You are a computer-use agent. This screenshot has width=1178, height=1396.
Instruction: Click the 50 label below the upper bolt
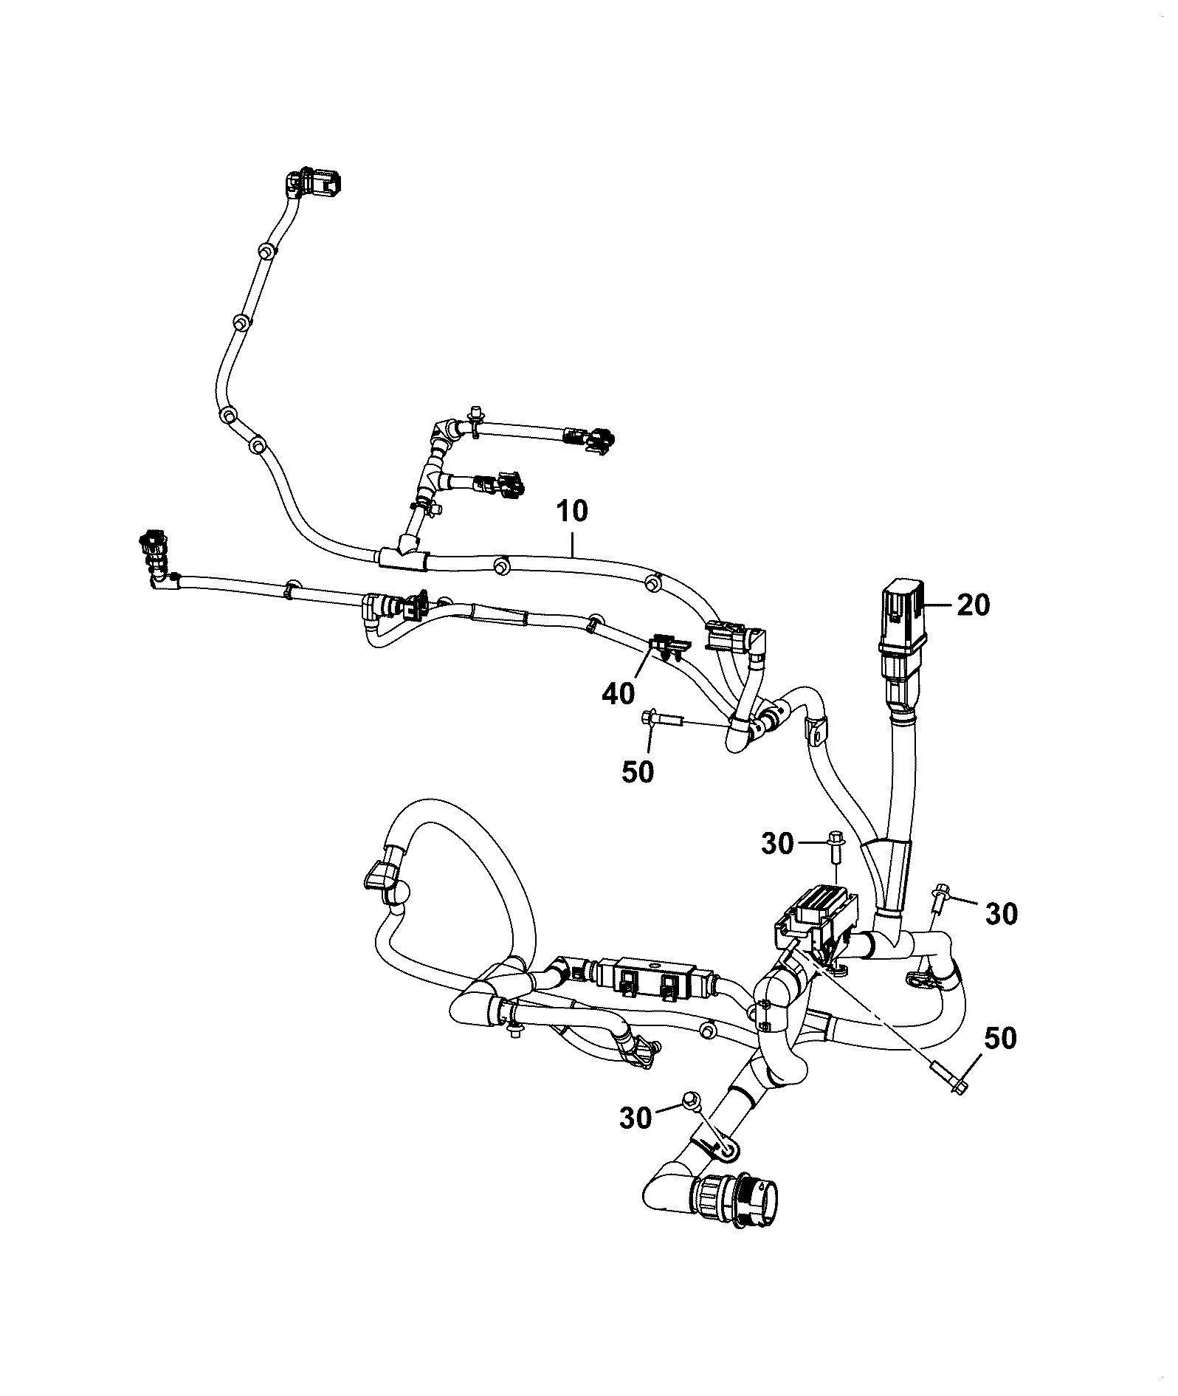[x=637, y=771]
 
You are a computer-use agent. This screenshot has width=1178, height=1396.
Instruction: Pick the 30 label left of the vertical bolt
[x=777, y=842]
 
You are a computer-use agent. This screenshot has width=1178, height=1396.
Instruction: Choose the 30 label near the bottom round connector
[x=635, y=1138]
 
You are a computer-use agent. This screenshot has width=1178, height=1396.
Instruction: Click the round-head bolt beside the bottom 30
[x=692, y=1120]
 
